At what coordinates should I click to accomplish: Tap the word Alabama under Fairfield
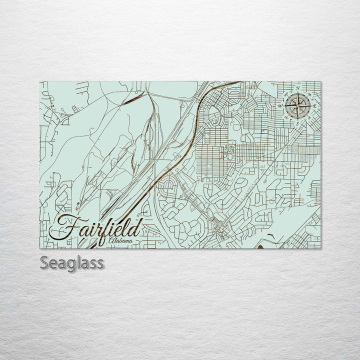point(120,241)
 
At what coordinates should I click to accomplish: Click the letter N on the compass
point(298,88)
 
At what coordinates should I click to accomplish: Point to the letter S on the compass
point(296,122)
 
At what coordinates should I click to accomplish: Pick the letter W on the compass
point(280,106)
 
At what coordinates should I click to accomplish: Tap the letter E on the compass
point(314,105)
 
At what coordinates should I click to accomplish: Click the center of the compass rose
point(297,105)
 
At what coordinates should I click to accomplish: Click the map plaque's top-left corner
point(40,81)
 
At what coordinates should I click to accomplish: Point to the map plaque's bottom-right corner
point(320,248)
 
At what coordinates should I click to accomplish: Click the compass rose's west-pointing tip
point(285,105)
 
